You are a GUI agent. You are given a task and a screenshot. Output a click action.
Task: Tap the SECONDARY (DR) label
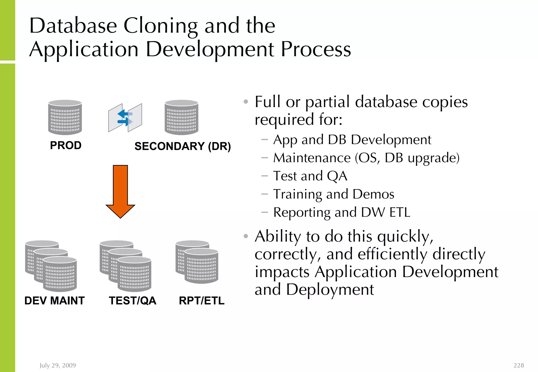pos(183,146)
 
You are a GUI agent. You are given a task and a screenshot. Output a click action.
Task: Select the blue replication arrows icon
pos(125,118)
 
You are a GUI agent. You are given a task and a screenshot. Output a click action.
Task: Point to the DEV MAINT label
pos(54,300)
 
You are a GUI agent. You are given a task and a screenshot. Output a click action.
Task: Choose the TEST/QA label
pos(133,300)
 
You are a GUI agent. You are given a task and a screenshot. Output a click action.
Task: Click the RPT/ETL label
pos(201,300)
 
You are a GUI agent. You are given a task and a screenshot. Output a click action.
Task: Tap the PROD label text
pos(66,145)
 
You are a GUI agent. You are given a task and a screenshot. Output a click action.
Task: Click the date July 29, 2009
pos(58,365)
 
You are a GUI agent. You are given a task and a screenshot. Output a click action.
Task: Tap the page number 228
pos(519,365)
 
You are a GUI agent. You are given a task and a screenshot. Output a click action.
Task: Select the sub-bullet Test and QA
pos(310,176)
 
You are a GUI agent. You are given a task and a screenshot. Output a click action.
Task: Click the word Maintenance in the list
pos(312,158)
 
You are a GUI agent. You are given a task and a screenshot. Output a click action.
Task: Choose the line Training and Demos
pos(334,194)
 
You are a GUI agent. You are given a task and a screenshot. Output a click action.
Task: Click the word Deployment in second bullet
pos(330,289)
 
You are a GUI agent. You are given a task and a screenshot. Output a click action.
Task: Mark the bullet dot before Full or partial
pos(246,102)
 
